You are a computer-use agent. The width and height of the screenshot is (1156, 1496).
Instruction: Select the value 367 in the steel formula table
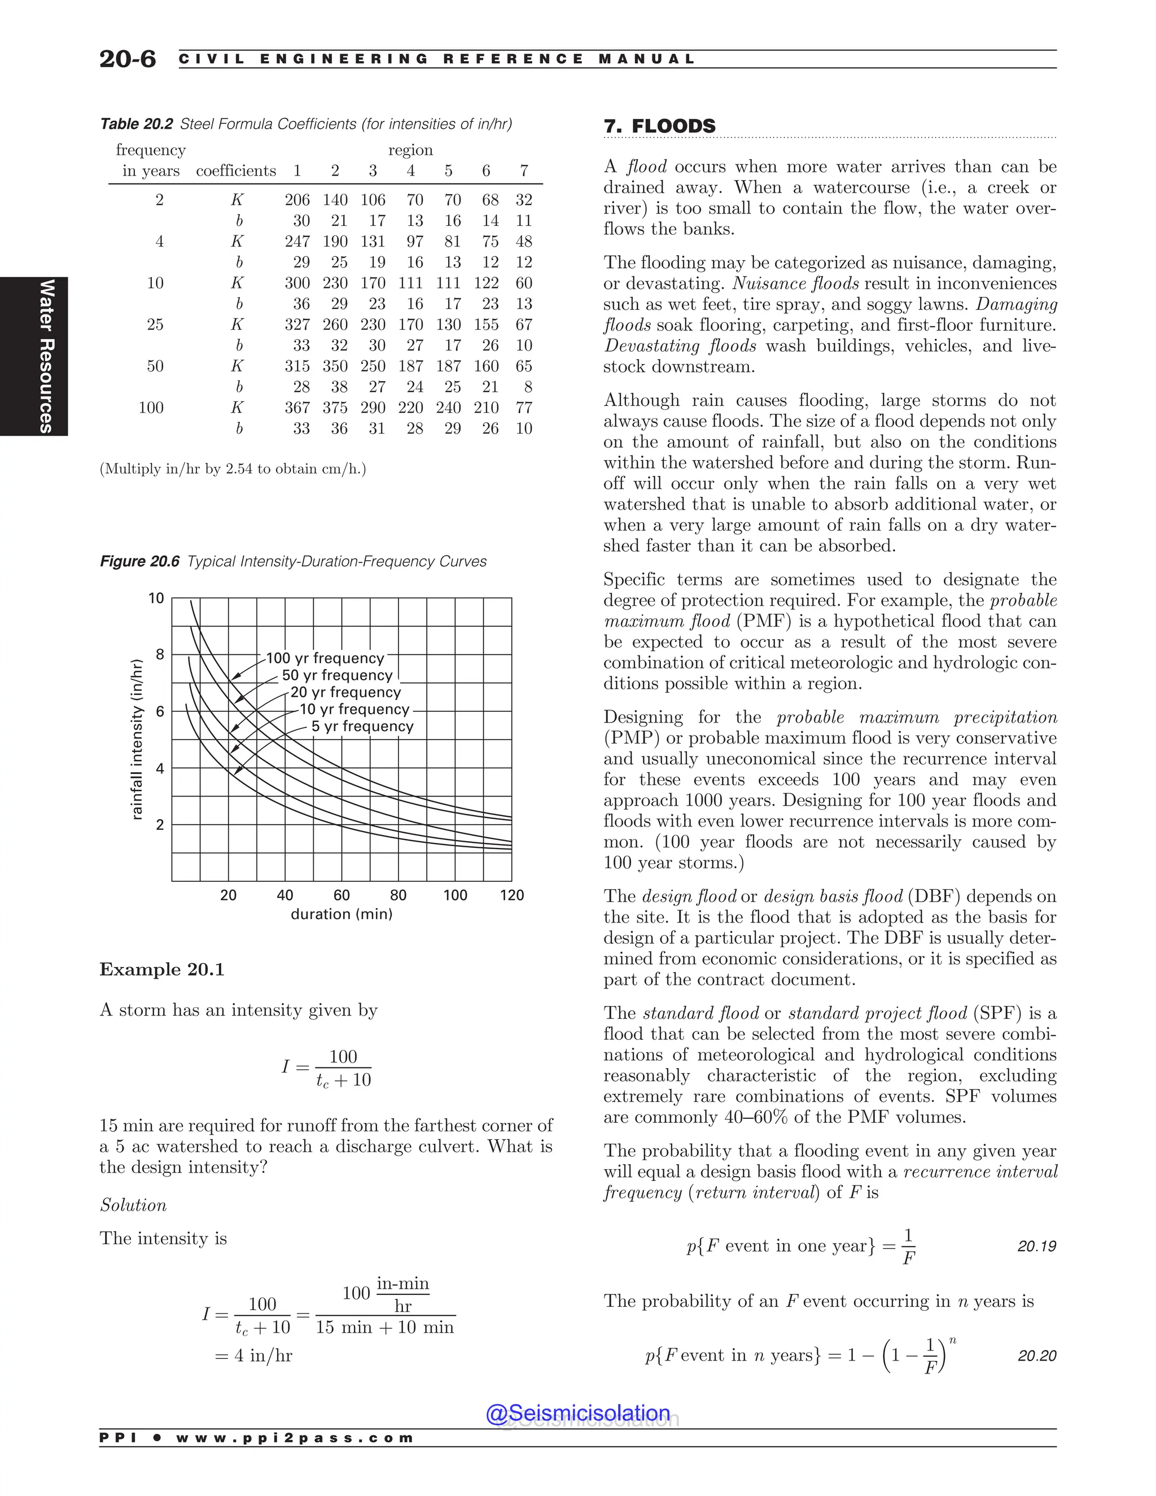pos(297,408)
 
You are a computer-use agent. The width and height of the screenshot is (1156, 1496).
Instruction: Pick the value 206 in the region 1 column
pos(297,200)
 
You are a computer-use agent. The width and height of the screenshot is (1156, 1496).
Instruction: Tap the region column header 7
pos(524,170)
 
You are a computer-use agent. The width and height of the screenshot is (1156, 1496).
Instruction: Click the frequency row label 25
pos(155,325)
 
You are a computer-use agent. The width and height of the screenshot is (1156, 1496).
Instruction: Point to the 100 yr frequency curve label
pos(325,658)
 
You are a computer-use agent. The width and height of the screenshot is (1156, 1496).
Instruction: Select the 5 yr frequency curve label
pos(362,726)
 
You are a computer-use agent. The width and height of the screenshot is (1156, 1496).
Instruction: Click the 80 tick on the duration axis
pos(398,895)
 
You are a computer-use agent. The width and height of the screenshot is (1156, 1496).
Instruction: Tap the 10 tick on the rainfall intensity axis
pos(157,598)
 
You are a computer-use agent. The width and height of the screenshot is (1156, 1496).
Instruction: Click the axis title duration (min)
pos(341,914)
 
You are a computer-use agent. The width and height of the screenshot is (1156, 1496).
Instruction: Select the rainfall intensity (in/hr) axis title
pos(137,739)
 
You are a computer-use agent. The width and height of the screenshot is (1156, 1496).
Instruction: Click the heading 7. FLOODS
pos(659,126)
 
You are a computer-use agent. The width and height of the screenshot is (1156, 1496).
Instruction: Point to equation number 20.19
pos(1036,1246)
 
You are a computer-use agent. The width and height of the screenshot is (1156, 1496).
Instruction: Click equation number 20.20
pos(1036,1355)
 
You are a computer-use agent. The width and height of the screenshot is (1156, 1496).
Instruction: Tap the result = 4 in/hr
pos(254,1355)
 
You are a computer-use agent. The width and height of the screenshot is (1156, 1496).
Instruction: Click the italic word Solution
pos(134,1205)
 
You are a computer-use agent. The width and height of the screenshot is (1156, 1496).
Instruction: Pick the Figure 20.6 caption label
pos(140,562)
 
